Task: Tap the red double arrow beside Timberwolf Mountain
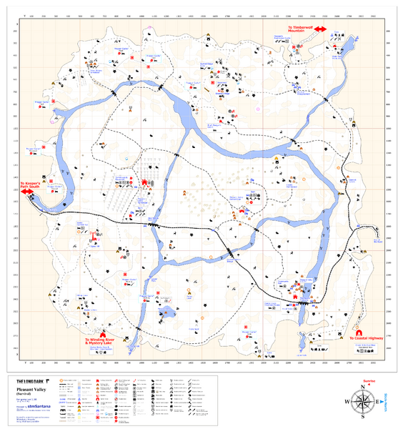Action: (x=317, y=29)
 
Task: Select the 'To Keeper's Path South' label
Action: (x=34, y=184)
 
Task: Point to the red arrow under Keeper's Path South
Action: (x=26, y=192)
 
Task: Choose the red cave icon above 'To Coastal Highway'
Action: (x=357, y=331)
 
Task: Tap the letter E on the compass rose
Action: (x=380, y=401)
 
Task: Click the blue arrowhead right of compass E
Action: (x=386, y=401)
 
